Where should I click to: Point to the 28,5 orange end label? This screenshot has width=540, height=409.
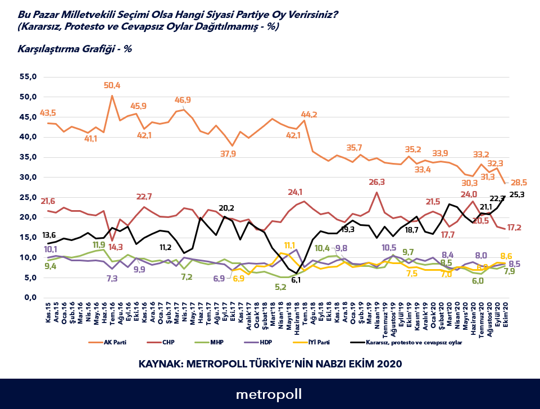[518, 183]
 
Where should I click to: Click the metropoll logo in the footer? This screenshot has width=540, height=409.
[269, 394]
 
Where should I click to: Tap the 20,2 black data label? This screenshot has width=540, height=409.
[226, 207]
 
